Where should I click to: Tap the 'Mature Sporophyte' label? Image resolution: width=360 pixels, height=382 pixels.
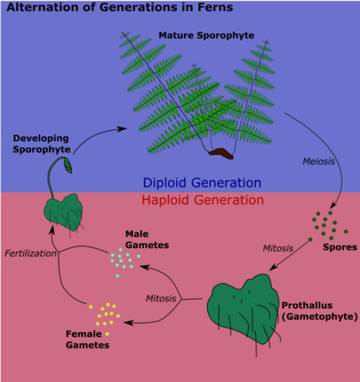click(x=205, y=36)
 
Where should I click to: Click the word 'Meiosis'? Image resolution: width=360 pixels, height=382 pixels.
click(x=319, y=161)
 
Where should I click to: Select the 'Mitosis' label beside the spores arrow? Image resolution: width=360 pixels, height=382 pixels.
click(x=279, y=248)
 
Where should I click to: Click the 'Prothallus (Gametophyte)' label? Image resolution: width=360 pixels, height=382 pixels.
click(x=317, y=311)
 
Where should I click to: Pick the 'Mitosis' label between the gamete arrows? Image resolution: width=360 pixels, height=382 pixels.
click(x=162, y=298)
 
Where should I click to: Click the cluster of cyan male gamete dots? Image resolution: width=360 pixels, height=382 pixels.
click(x=122, y=261)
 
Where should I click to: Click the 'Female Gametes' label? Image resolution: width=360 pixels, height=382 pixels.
click(x=88, y=341)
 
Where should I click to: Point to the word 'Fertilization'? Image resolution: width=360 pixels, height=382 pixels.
click(x=30, y=254)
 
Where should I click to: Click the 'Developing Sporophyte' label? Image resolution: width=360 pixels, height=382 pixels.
click(x=41, y=144)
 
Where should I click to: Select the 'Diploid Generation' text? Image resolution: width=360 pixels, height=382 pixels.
click(x=202, y=183)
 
